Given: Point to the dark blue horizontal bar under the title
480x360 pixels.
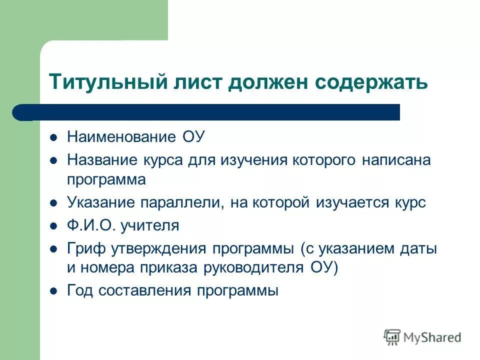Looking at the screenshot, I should click(x=210, y=112).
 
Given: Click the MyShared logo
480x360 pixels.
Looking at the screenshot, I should click(x=422, y=337).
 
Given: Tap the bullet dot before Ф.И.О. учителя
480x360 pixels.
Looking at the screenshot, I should click(x=54, y=226).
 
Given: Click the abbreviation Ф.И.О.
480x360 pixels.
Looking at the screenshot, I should click(x=92, y=225).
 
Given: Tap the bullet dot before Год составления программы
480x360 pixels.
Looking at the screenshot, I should click(x=54, y=290).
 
